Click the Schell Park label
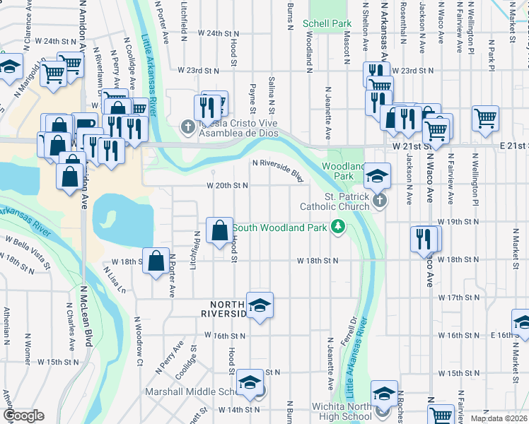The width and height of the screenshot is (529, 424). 327,23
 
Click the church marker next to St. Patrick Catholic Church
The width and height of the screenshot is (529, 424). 380,201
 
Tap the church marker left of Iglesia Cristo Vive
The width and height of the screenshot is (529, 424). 187,127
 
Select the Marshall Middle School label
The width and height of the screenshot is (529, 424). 196,391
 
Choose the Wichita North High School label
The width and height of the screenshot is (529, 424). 342,411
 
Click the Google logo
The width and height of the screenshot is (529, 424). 23,416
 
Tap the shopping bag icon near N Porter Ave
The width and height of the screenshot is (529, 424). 156,261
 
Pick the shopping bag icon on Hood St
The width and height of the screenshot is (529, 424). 219,230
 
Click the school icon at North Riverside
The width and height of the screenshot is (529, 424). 260,305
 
